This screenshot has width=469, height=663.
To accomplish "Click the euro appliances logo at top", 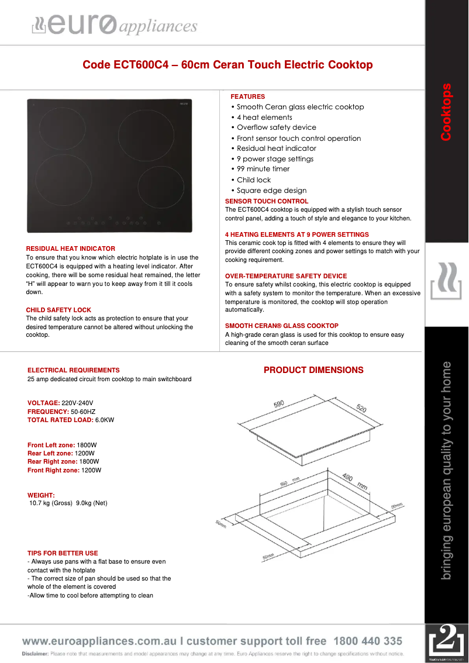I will [115, 25].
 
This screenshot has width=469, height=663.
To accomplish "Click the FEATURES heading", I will [247, 96].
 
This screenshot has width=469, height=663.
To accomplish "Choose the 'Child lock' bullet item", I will [254, 180].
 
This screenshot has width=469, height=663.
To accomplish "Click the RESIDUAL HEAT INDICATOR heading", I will [71, 248].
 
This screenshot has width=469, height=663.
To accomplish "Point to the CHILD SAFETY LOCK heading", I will [58, 310].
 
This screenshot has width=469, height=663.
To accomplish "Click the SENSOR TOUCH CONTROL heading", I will [267, 201].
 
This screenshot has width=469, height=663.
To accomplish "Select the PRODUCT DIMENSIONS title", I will [313, 370].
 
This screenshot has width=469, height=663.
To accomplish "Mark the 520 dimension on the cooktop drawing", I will [361, 409].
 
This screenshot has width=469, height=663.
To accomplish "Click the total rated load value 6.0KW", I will [105, 420].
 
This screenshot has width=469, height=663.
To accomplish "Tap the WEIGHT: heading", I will [41, 495].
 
